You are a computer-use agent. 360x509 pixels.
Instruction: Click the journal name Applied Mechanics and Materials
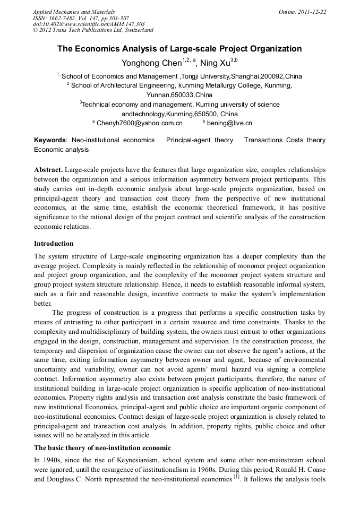click(74, 11)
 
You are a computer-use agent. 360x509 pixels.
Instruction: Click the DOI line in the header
click(89, 24)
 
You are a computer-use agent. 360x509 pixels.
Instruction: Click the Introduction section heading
click(54, 244)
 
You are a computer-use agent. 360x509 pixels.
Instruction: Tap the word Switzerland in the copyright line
click(136, 30)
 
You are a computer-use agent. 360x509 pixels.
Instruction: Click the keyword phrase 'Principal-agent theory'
click(200, 140)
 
